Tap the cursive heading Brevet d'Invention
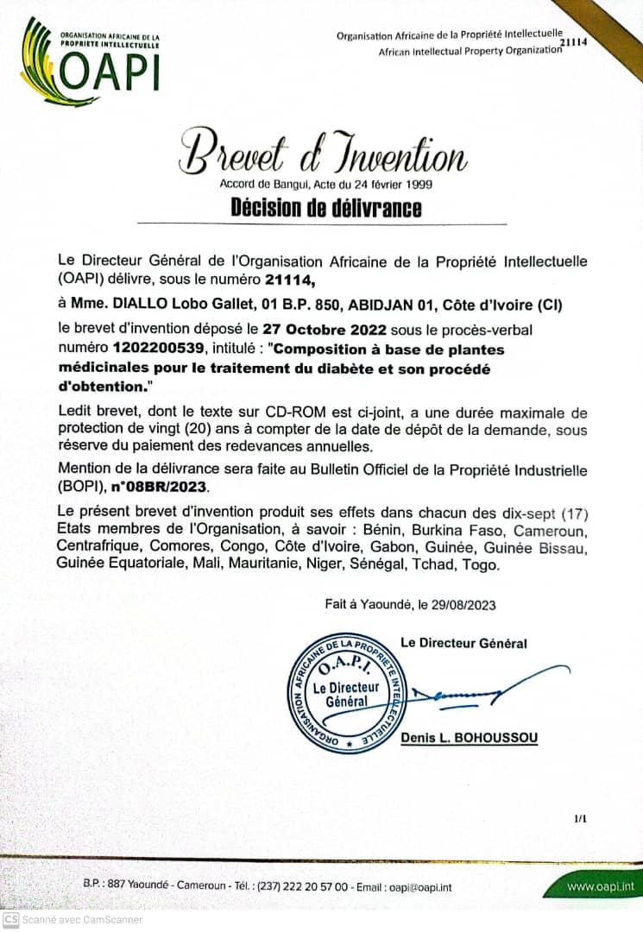tap(323, 154)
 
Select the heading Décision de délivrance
tap(326, 208)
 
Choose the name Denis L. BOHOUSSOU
tap(470, 740)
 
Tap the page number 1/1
tap(580, 815)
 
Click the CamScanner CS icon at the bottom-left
tap(10, 920)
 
